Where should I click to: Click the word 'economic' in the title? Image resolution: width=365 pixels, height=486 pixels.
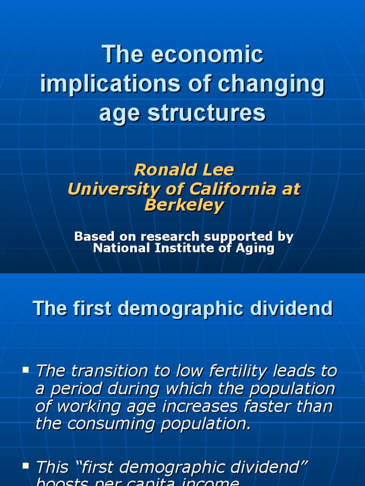click(x=207, y=55)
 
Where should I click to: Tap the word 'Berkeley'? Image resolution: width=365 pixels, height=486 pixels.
click(x=183, y=206)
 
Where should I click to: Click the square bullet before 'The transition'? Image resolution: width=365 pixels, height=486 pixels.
click(x=26, y=369)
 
